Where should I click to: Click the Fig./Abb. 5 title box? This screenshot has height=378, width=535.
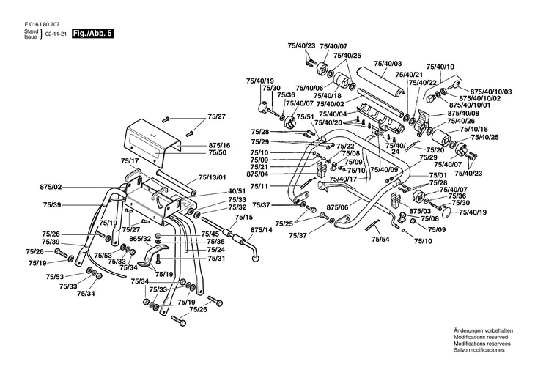[93, 34]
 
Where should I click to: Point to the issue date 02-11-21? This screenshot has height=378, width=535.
[56, 34]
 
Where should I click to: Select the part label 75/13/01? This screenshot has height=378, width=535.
[213, 177]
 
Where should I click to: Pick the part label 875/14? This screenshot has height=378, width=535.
[262, 229]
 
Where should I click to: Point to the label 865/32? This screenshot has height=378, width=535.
[140, 239]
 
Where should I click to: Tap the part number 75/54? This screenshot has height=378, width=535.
[380, 239]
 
